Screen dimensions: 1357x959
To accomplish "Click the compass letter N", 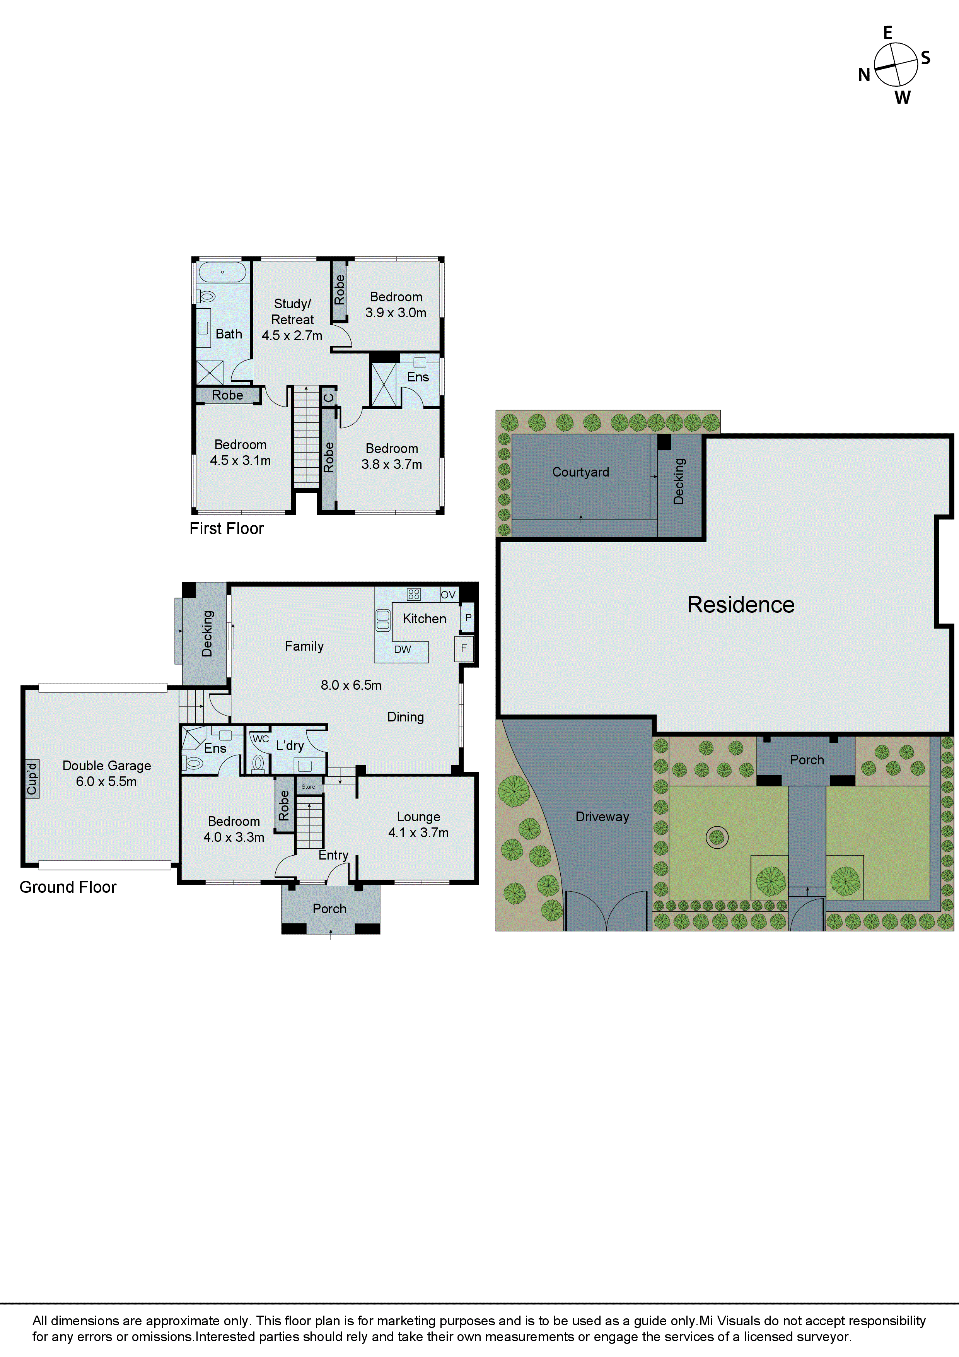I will click(x=864, y=75).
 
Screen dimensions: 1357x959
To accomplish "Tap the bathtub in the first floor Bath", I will click(x=222, y=272).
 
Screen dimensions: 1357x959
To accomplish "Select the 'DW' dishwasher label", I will click(x=403, y=649).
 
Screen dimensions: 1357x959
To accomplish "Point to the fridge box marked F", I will click(x=464, y=648).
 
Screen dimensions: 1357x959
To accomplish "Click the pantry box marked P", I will click(x=468, y=618).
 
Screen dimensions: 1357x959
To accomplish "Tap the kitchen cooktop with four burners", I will click(x=414, y=594).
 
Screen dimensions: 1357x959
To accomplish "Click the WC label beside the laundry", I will click(x=261, y=739).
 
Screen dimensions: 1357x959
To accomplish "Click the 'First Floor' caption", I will click(x=226, y=528).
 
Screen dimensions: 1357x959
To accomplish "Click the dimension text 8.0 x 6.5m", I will click(x=351, y=685).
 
